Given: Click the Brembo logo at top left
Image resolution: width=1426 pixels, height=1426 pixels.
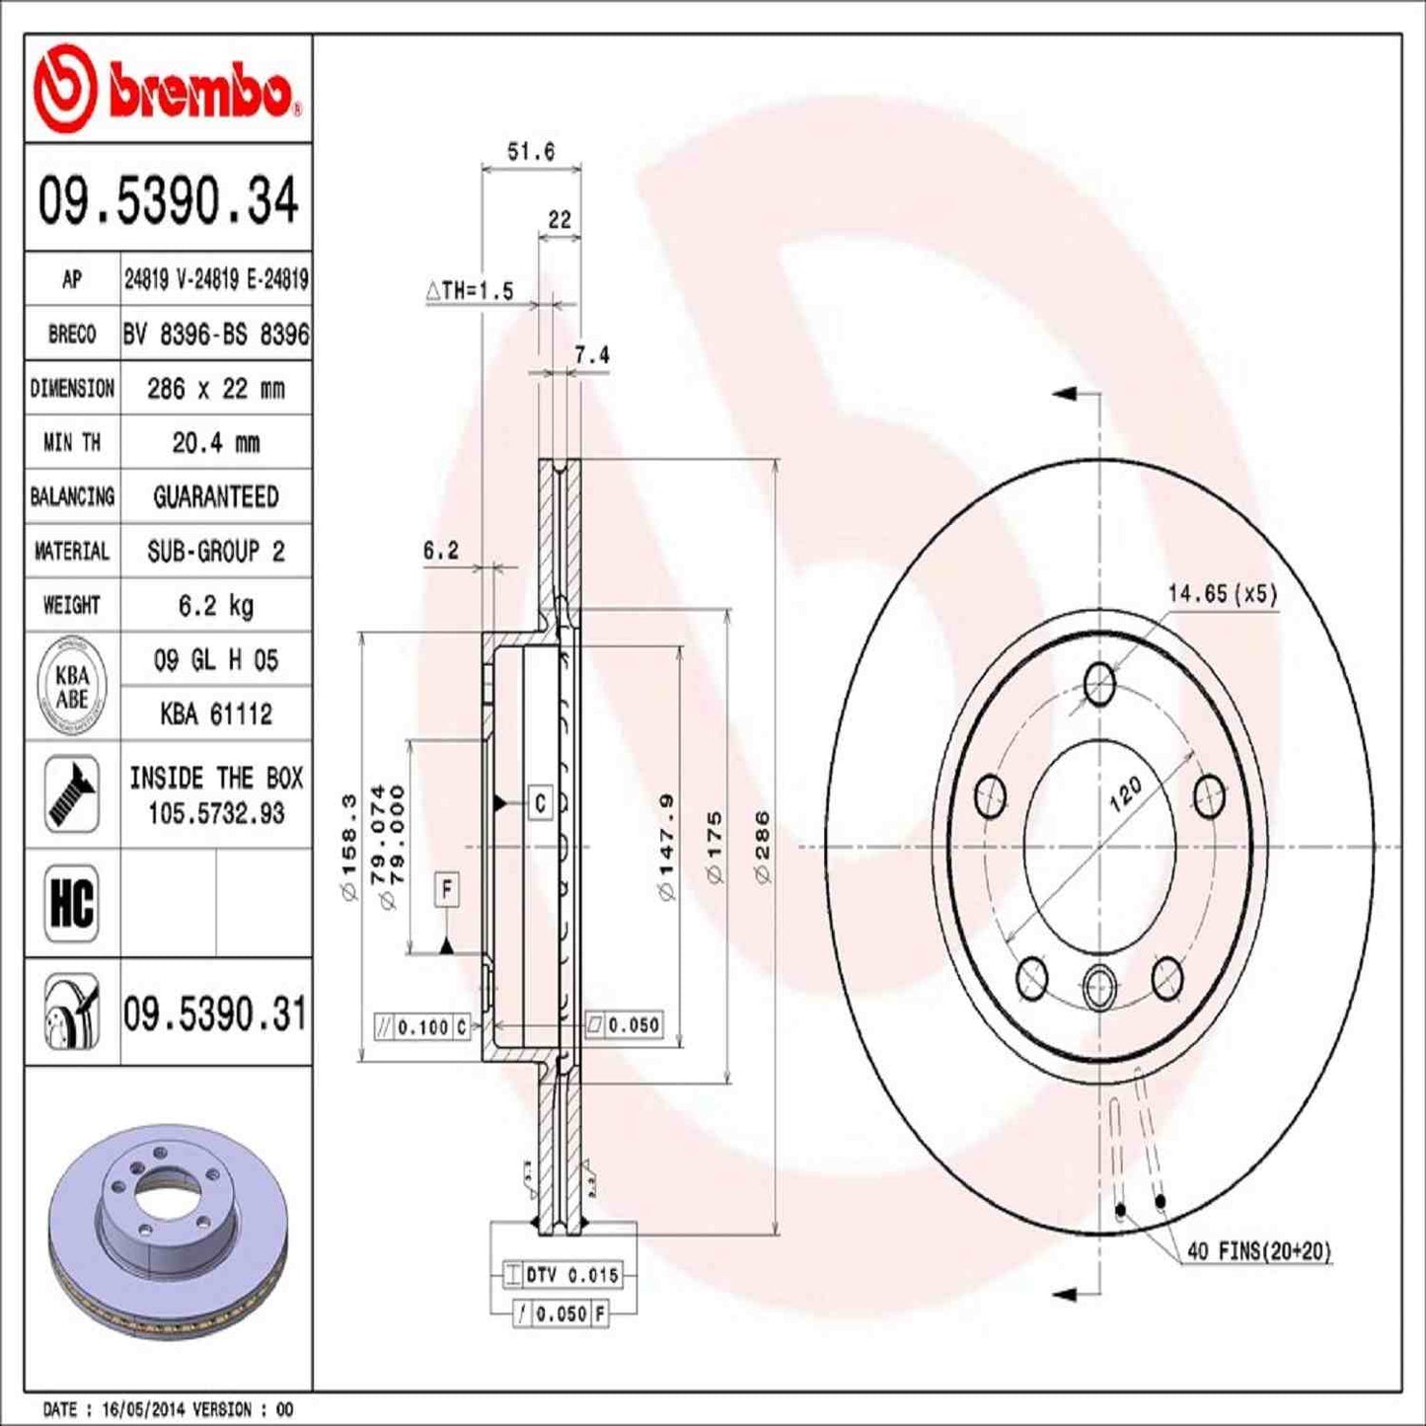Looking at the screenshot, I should (166, 89).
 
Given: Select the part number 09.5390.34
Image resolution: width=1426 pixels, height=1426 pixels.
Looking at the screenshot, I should (168, 200).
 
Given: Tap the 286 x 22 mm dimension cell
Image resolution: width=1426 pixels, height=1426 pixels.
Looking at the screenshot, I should (215, 389).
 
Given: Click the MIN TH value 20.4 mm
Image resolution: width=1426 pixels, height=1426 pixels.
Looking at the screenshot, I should (215, 443).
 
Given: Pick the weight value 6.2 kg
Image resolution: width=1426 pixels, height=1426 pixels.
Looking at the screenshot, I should (215, 605).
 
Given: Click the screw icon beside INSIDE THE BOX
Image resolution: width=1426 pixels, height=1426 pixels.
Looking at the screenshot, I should (72, 794).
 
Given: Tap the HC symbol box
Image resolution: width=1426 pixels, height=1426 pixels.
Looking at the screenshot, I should (72, 902).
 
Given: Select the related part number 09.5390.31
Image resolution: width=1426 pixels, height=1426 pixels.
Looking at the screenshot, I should (215, 1013).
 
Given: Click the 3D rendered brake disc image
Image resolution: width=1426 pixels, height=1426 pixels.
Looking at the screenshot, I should (168, 1224).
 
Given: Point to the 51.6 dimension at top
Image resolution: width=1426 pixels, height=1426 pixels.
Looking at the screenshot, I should (531, 152).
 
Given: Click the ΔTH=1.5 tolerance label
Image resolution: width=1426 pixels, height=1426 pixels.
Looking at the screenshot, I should (470, 291).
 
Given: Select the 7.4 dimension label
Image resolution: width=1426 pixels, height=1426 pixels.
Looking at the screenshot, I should (592, 355).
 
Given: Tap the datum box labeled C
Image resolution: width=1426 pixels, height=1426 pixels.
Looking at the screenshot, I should (540, 803).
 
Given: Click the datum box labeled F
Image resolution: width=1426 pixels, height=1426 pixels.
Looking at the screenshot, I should (447, 890).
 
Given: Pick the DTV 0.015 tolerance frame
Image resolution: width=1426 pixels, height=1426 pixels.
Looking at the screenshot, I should (563, 1275).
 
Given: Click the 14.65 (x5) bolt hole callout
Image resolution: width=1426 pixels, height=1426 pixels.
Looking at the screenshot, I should (1222, 593).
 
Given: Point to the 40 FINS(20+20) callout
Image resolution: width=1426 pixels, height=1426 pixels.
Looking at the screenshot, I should (1258, 1251).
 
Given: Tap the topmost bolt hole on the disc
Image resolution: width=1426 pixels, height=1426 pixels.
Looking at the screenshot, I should (1099, 684).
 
